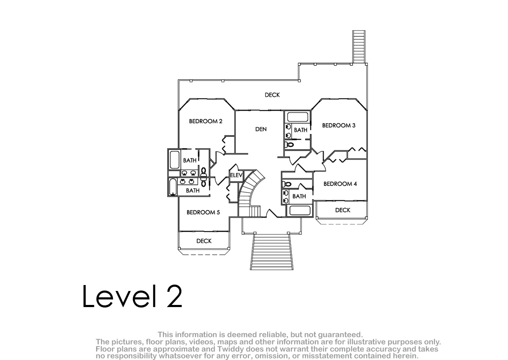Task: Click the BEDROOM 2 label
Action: [x=205, y=122]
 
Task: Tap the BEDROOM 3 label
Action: [x=339, y=125]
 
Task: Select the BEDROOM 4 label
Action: [x=340, y=184]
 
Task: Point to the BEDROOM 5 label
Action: [x=203, y=212]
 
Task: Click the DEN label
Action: [x=261, y=129]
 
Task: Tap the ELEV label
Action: [x=236, y=175]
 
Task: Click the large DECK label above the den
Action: [x=272, y=95]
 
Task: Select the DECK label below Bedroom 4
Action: [x=342, y=210]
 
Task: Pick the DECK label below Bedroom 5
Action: [x=204, y=241]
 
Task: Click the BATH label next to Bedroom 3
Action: [x=301, y=130]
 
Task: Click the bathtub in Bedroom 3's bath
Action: [x=298, y=117]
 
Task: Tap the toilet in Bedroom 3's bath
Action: [x=289, y=144]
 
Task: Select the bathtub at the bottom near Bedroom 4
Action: [x=300, y=210]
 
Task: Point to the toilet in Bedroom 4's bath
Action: [x=287, y=184]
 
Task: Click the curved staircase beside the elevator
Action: [x=250, y=192]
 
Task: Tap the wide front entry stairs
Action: [x=272, y=252]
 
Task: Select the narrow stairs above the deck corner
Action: [x=359, y=47]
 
